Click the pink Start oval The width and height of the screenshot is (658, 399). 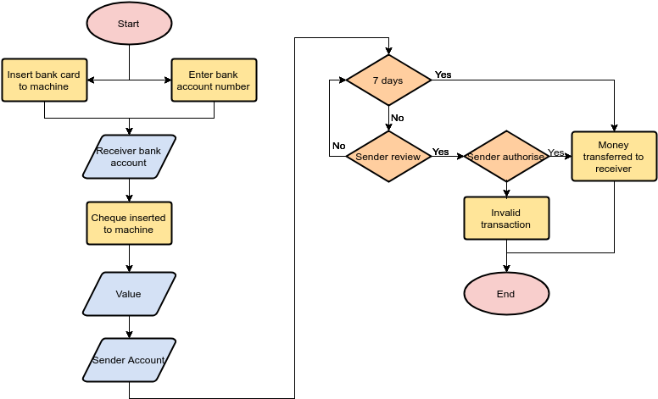tap(129, 24)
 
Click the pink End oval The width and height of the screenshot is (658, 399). tap(506, 294)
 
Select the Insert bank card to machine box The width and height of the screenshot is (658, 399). tap(44, 80)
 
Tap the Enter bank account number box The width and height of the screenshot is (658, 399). tap(214, 80)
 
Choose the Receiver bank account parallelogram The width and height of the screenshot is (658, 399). tap(129, 157)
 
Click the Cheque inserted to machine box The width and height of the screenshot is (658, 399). tap(129, 224)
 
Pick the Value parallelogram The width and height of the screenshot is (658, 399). tap(129, 294)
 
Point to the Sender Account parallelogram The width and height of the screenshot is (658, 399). tap(129, 360)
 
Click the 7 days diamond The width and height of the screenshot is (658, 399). tap(388, 80)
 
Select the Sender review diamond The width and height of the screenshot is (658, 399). tap(388, 157)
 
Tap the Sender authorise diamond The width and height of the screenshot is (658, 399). tap(506, 157)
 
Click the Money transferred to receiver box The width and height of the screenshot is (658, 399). tap(614, 157)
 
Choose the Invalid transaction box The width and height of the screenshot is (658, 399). tap(506, 219)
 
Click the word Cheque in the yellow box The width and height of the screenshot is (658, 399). tap(109, 218)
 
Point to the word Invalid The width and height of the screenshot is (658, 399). tap(506, 213)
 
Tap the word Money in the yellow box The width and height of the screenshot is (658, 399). tap(614, 146)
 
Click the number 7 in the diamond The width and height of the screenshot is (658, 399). tap(376, 80)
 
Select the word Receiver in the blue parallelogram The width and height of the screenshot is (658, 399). tap(116, 151)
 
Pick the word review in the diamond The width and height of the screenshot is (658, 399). tap(405, 157)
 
